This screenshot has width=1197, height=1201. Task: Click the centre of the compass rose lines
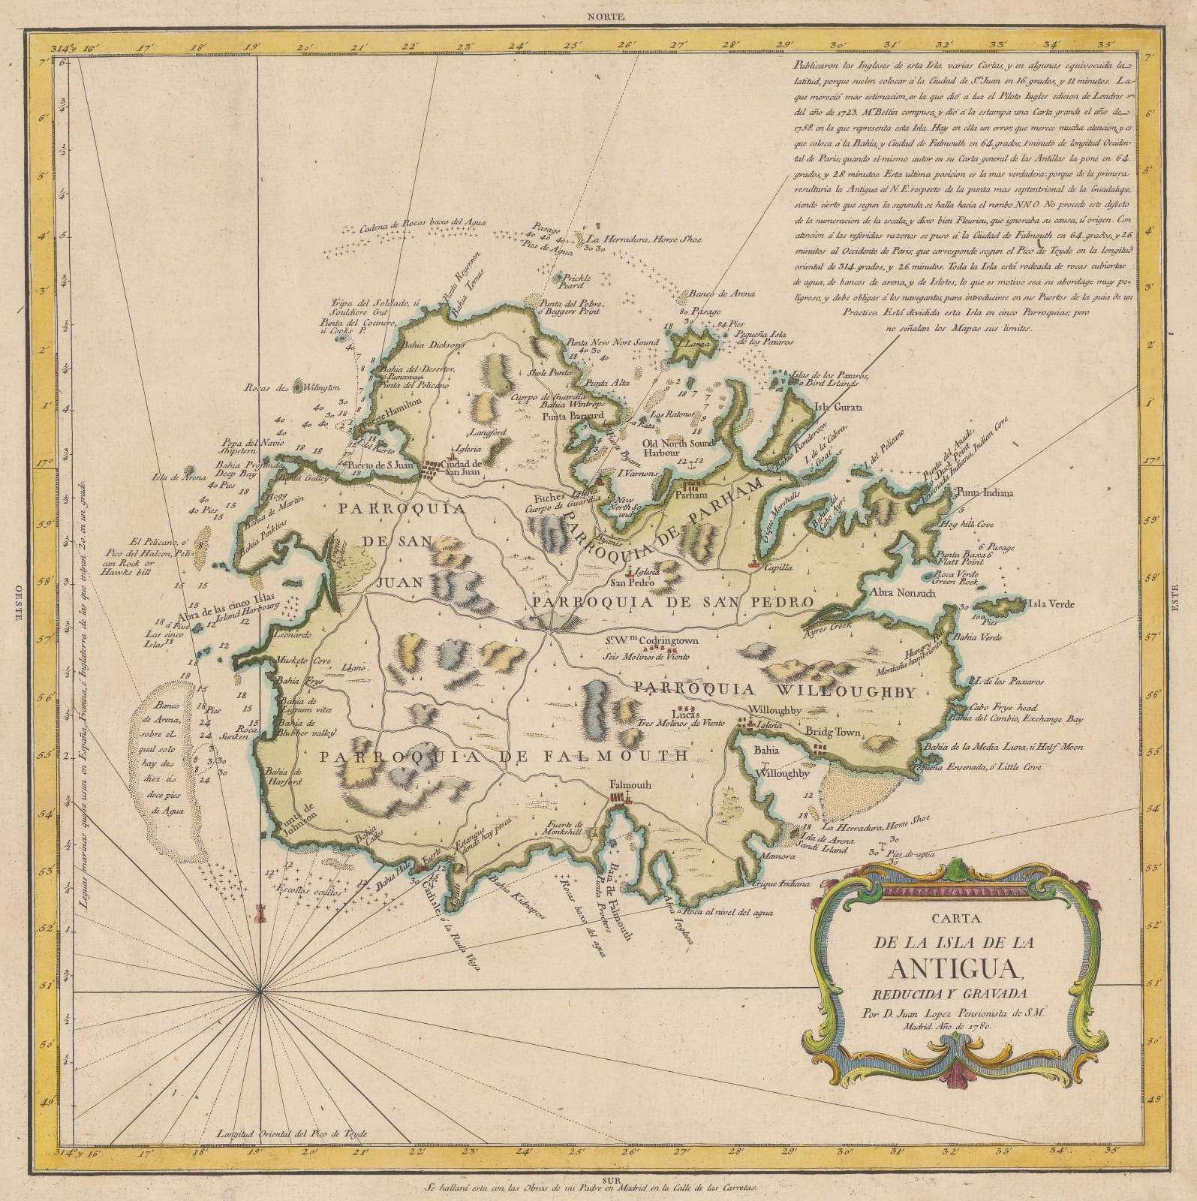(x=260, y=992)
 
